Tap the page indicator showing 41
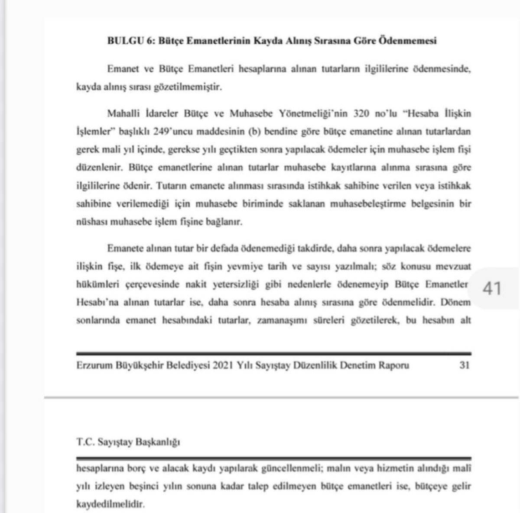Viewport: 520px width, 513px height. point(492,288)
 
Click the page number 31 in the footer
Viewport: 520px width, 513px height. point(464,365)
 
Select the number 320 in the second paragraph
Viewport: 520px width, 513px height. point(362,114)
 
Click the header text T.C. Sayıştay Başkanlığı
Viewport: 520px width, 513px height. point(128,442)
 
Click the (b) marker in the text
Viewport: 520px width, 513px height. point(255,132)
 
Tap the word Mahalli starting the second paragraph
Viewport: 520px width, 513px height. point(123,114)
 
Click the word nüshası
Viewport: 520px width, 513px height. point(91,222)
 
